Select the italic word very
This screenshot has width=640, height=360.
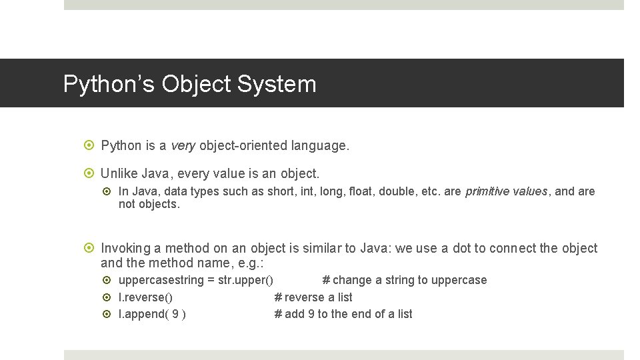[x=182, y=145]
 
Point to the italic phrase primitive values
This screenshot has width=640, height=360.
[x=506, y=192]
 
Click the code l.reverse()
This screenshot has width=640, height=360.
[x=145, y=297]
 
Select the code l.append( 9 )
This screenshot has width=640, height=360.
[x=152, y=314]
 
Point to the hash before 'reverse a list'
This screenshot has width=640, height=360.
[x=278, y=297]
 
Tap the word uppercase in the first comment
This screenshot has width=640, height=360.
[x=459, y=280]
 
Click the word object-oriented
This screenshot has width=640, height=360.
[x=242, y=145]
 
